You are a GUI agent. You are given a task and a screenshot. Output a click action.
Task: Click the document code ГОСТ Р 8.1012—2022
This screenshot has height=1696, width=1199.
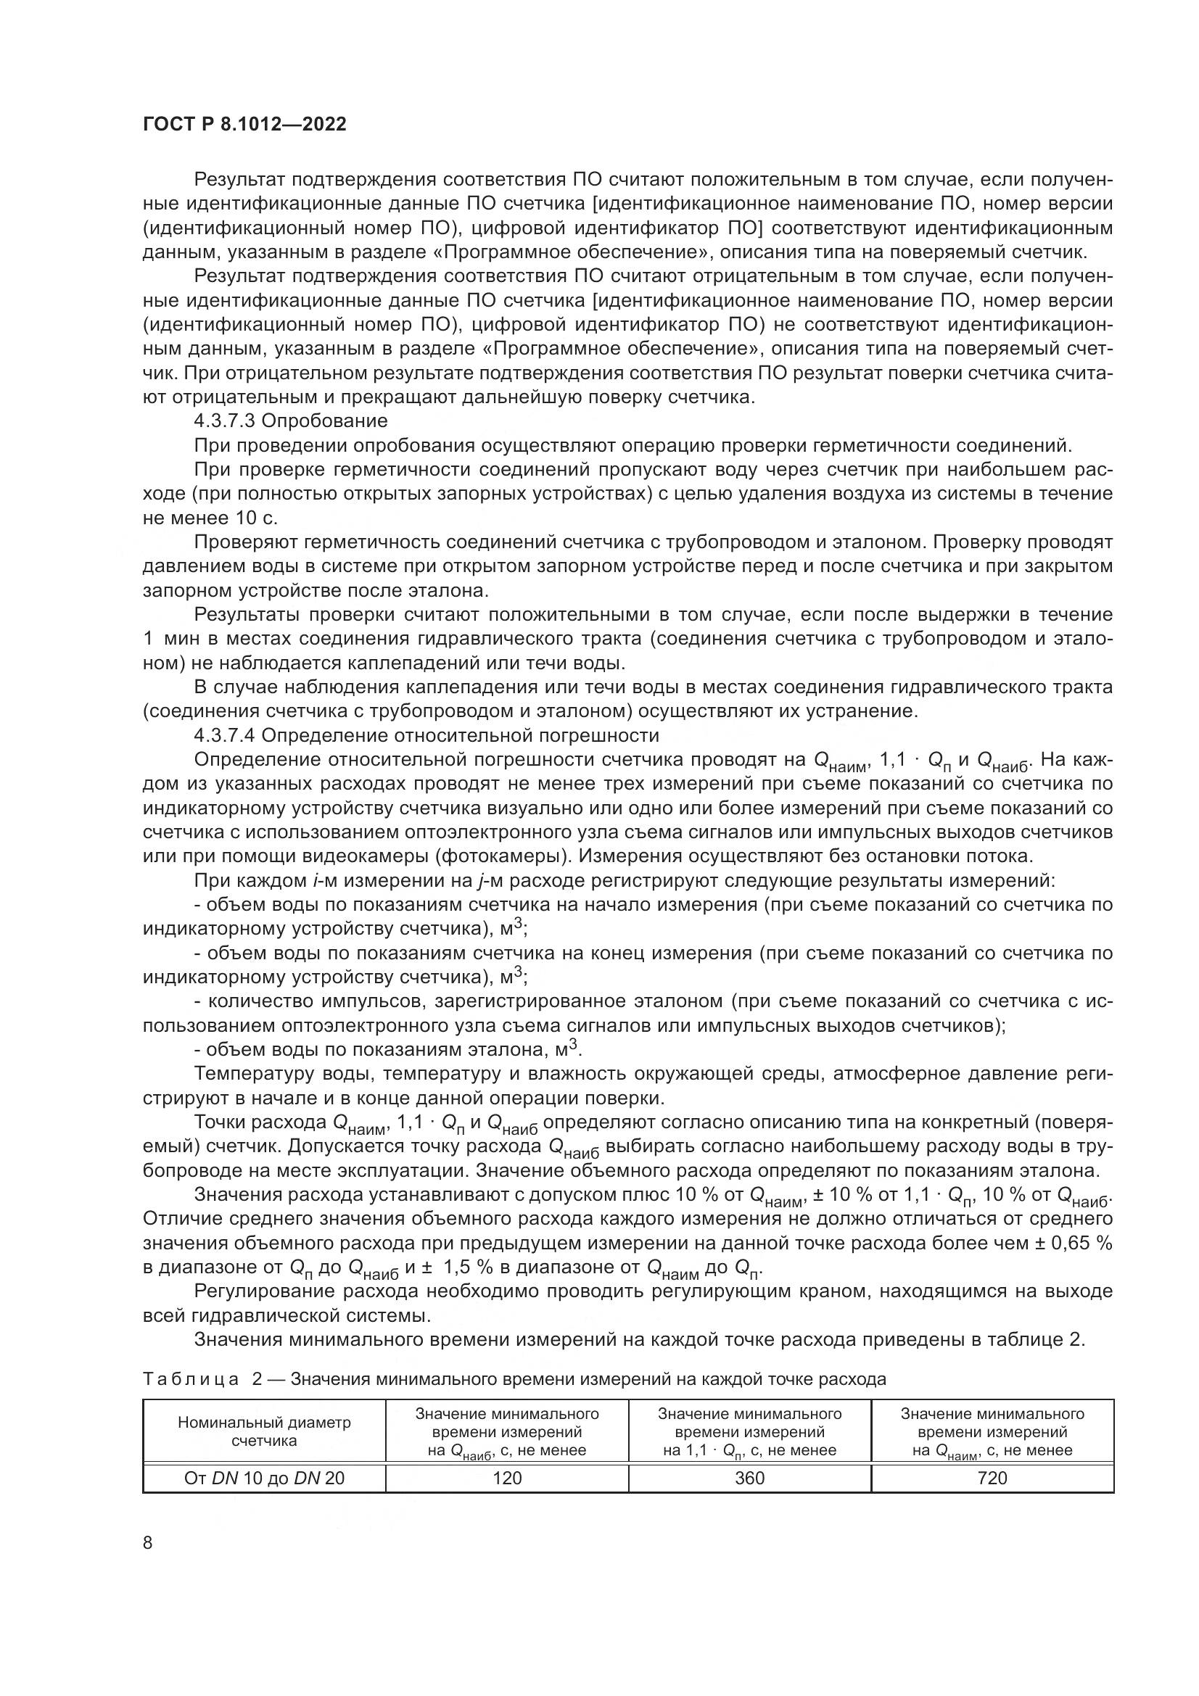click(x=244, y=124)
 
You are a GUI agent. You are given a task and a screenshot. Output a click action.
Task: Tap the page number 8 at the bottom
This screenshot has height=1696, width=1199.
click(x=148, y=1542)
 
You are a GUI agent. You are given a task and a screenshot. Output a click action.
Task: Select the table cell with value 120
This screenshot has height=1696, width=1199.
click(x=507, y=1477)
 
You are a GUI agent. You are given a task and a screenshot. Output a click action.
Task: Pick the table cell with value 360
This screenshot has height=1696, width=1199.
click(x=750, y=1477)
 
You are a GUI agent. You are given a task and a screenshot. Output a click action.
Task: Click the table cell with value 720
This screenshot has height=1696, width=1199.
click(x=992, y=1477)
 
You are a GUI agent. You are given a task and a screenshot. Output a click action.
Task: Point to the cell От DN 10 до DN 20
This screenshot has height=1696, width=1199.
click(x=264, y=1477)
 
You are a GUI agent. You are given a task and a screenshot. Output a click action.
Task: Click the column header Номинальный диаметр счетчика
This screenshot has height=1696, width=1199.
click(x=264, y=1431)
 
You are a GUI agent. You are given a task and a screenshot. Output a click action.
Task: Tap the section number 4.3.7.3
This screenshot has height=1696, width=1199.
click(x=225, y=421)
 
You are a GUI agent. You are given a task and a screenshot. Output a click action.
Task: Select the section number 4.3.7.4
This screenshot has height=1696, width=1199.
click(x=225, y=735)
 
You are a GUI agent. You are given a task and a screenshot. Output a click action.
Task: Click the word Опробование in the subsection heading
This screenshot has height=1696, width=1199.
click(x=324, y=421)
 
